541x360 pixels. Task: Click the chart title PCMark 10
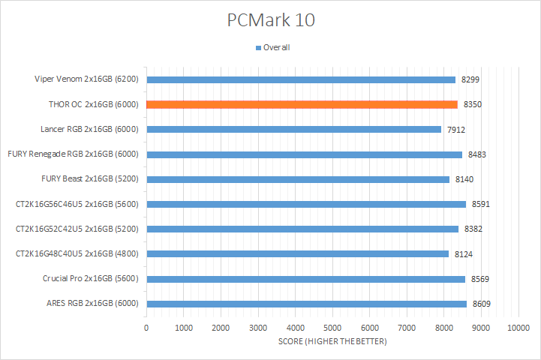[271, 20]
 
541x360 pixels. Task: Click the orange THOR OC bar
[302, 104]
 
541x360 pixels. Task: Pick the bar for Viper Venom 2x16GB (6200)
[301, 79]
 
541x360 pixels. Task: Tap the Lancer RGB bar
[293, 129]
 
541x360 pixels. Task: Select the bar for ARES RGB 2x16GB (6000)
[306, 304]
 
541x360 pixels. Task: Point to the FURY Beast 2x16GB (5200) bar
[298, 179]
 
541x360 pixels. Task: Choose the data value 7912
[456, 129]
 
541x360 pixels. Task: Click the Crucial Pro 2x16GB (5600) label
[92, 279]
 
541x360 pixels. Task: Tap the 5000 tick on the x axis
[332, 328]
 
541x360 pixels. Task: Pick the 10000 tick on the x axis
[518, 328]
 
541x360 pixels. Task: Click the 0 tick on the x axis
[146, 328]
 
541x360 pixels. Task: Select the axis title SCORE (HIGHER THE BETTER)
[332, 342]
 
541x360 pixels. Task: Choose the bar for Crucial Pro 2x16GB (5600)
[305, 279]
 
